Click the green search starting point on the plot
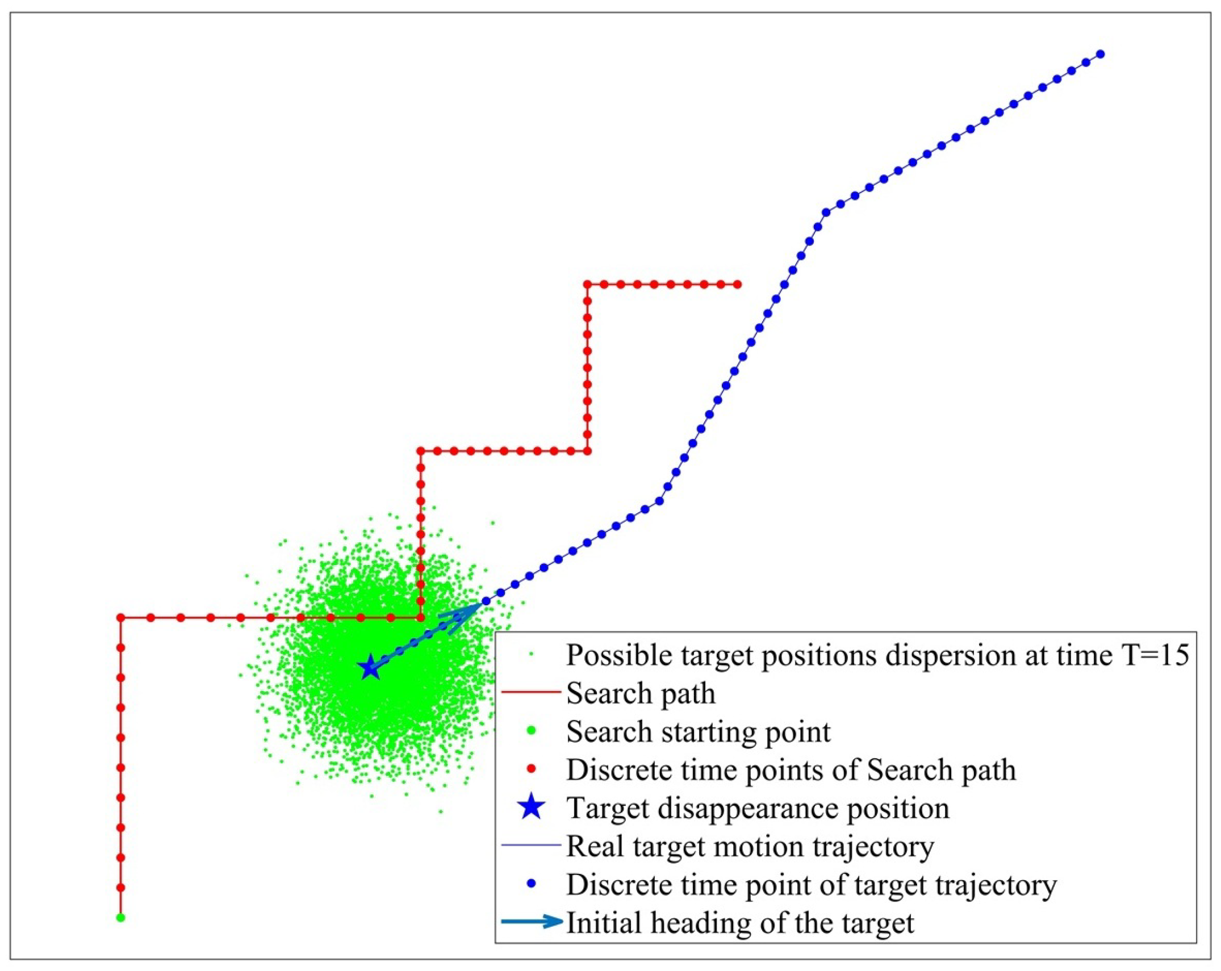click(x=120, y=917)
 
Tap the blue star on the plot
click(x=370, y=667)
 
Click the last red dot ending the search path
click(x=737, y=284)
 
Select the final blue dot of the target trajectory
click(x=1100, y=55)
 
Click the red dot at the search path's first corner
click(x=120, y=617)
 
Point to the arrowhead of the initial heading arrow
click(x=474, y=608)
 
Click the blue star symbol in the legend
click(x=532, y=807)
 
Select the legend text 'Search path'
click(x=641, y=693)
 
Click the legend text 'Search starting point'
click(x=698, y=731)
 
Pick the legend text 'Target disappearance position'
click(x=758, y=807)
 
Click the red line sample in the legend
click(x=532, y=692)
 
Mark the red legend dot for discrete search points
click(x=532, y=769)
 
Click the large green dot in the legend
click(x=532, y=731)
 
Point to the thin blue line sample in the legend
click(x=532, y=845)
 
